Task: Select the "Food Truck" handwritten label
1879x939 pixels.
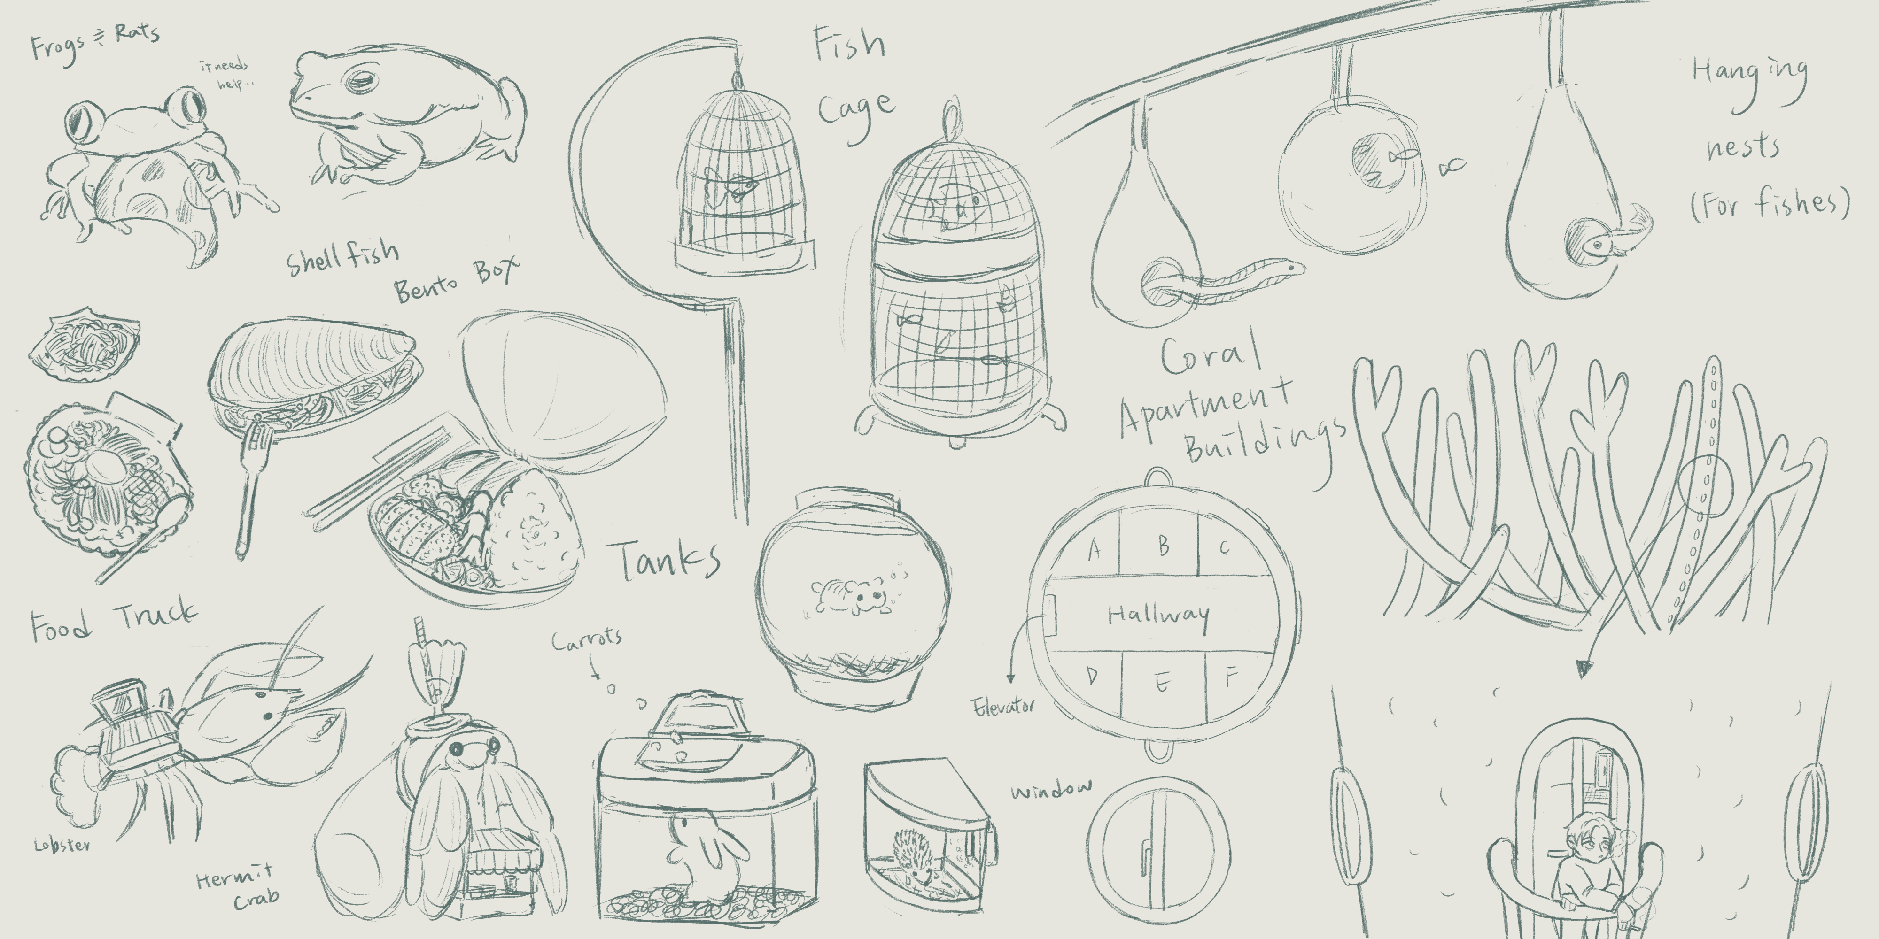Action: pyautogui.click(x=113, y=621)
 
